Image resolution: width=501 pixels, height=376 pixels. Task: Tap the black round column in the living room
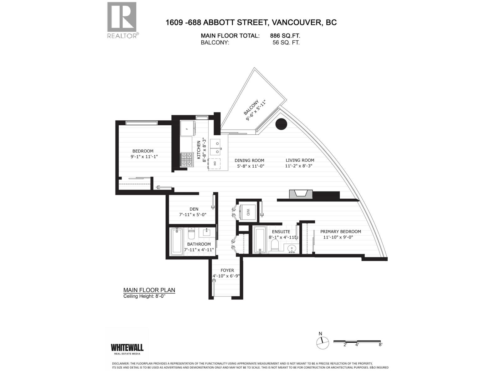pos(281,124)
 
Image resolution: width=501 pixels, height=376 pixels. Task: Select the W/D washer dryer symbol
pos(247,212)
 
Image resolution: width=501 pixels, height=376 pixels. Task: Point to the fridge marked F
pos(187,128)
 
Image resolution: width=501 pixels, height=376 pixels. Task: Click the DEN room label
pos(194,209)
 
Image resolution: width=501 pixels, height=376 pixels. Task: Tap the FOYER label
pos(227,270)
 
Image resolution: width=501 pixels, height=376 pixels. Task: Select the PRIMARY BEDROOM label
pos(340,232)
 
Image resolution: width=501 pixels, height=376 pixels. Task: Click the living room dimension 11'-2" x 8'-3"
pos(299,166)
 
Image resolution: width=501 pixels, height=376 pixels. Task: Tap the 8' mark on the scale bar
pos(380,344)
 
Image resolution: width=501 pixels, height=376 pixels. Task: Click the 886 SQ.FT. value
pos(285,36)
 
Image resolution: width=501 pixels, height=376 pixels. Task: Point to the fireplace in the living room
pos(301,194)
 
